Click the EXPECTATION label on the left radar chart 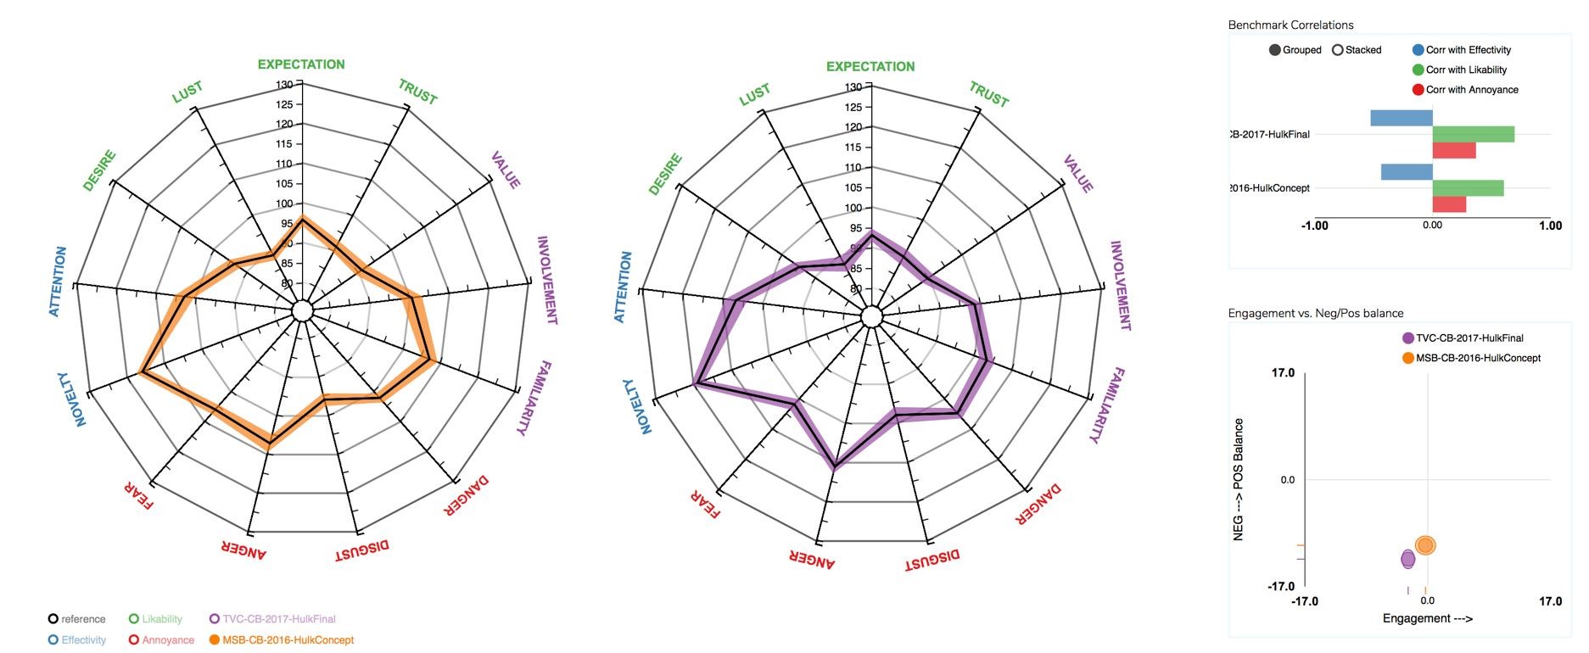pyautogui.click(x=301, y=64)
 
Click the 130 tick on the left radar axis pyautogui.click(x=284, y=85)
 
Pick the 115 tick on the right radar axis pyautogui.click(x=853, y=148)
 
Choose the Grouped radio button pyautogui.click(x=1275, y=50)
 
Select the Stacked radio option pyautogui.click(x=1338, y=50)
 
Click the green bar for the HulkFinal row pyautogui.click(x=1474, y=134)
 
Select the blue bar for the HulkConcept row pyautogui.click(x=1407, y=172)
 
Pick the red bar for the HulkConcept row pyautogui.click(x=1449, y=204)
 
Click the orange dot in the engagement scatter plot pyautogui.click(x=1425, y=545)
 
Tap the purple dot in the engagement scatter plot pyautogui.click(x=1408, y=559)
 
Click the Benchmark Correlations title pyautogui.click(x=1290, y=25)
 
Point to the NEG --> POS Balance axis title pyautogui.click(x=1239, y=479)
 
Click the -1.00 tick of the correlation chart pyautogui.click(x=1315, y=226)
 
